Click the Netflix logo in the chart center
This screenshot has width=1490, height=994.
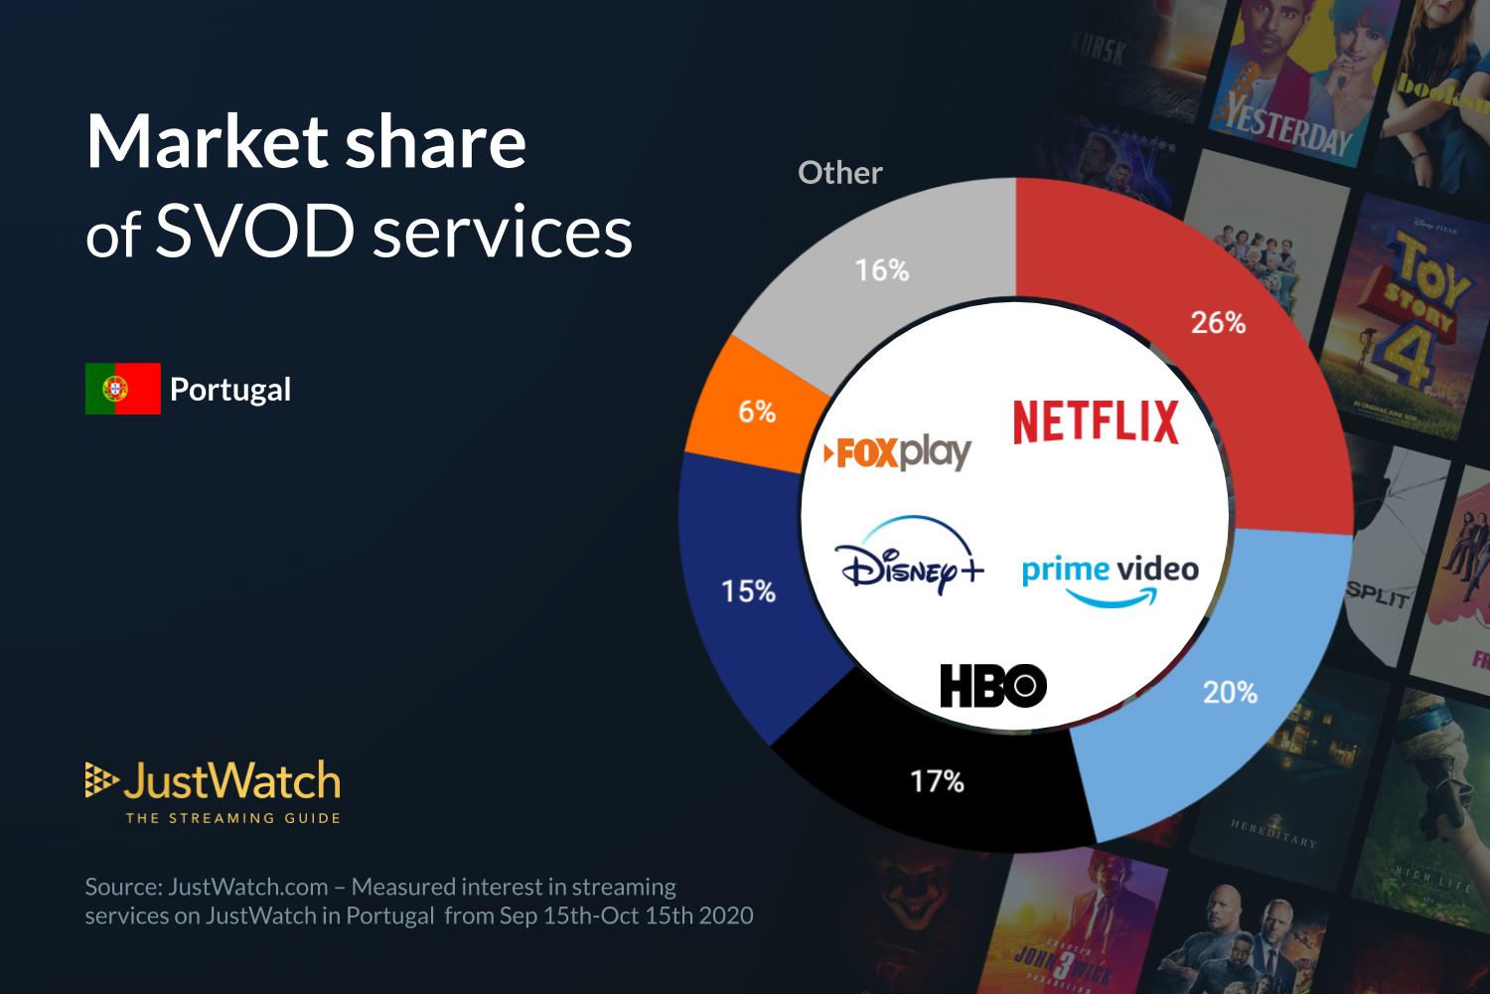pos(1096,421)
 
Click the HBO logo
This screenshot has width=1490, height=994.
pos(992,686)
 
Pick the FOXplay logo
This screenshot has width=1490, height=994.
pos(897,453)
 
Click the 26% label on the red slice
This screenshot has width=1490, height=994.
pos(1218,322)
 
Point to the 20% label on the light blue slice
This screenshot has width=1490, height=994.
pos(1230,692)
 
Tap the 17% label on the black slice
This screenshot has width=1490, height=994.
pos(937,781)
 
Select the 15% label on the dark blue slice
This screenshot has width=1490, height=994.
pos(748,591)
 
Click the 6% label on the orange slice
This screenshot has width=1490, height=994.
pos(756,412)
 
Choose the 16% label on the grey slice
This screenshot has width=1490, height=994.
pos(882,269)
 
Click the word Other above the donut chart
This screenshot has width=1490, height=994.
pos(839,173)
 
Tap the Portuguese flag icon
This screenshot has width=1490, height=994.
pos(122,389)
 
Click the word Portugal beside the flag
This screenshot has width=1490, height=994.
pos(230,389)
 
